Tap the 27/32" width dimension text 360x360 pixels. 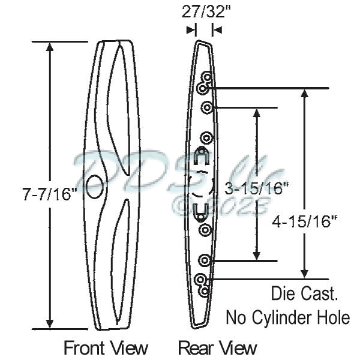click(x=203, y=11)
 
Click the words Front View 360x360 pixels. click(x=106, y=347)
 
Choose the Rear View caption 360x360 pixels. click(x=217, y=347)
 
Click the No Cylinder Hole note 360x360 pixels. click(x=287, y=317)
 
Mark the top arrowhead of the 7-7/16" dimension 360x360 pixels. click(x=50, y=47)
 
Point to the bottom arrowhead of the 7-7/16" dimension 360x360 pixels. click(x=50, y=324)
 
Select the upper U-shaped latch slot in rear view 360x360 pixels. click(x=202, y=157)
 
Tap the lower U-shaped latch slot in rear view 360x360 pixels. click(x=202, y=211)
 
